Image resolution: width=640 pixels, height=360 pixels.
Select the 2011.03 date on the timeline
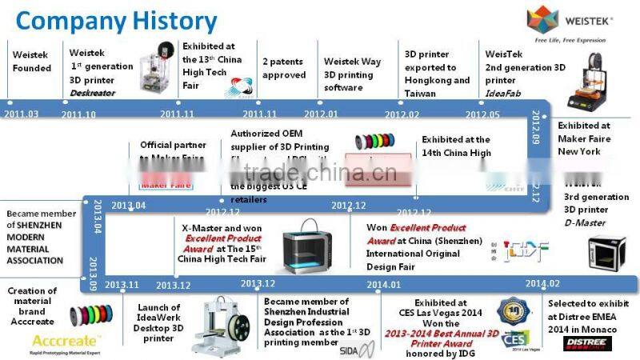click(x=21, y=114)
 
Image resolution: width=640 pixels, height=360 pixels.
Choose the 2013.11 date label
click(x=122, y=284)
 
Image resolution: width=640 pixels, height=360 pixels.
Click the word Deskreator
click(x=93, y=93)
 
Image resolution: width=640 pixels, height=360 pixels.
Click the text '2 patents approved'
click(x=284, y=68)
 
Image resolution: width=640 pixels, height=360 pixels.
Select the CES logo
click(x=511, y=340)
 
